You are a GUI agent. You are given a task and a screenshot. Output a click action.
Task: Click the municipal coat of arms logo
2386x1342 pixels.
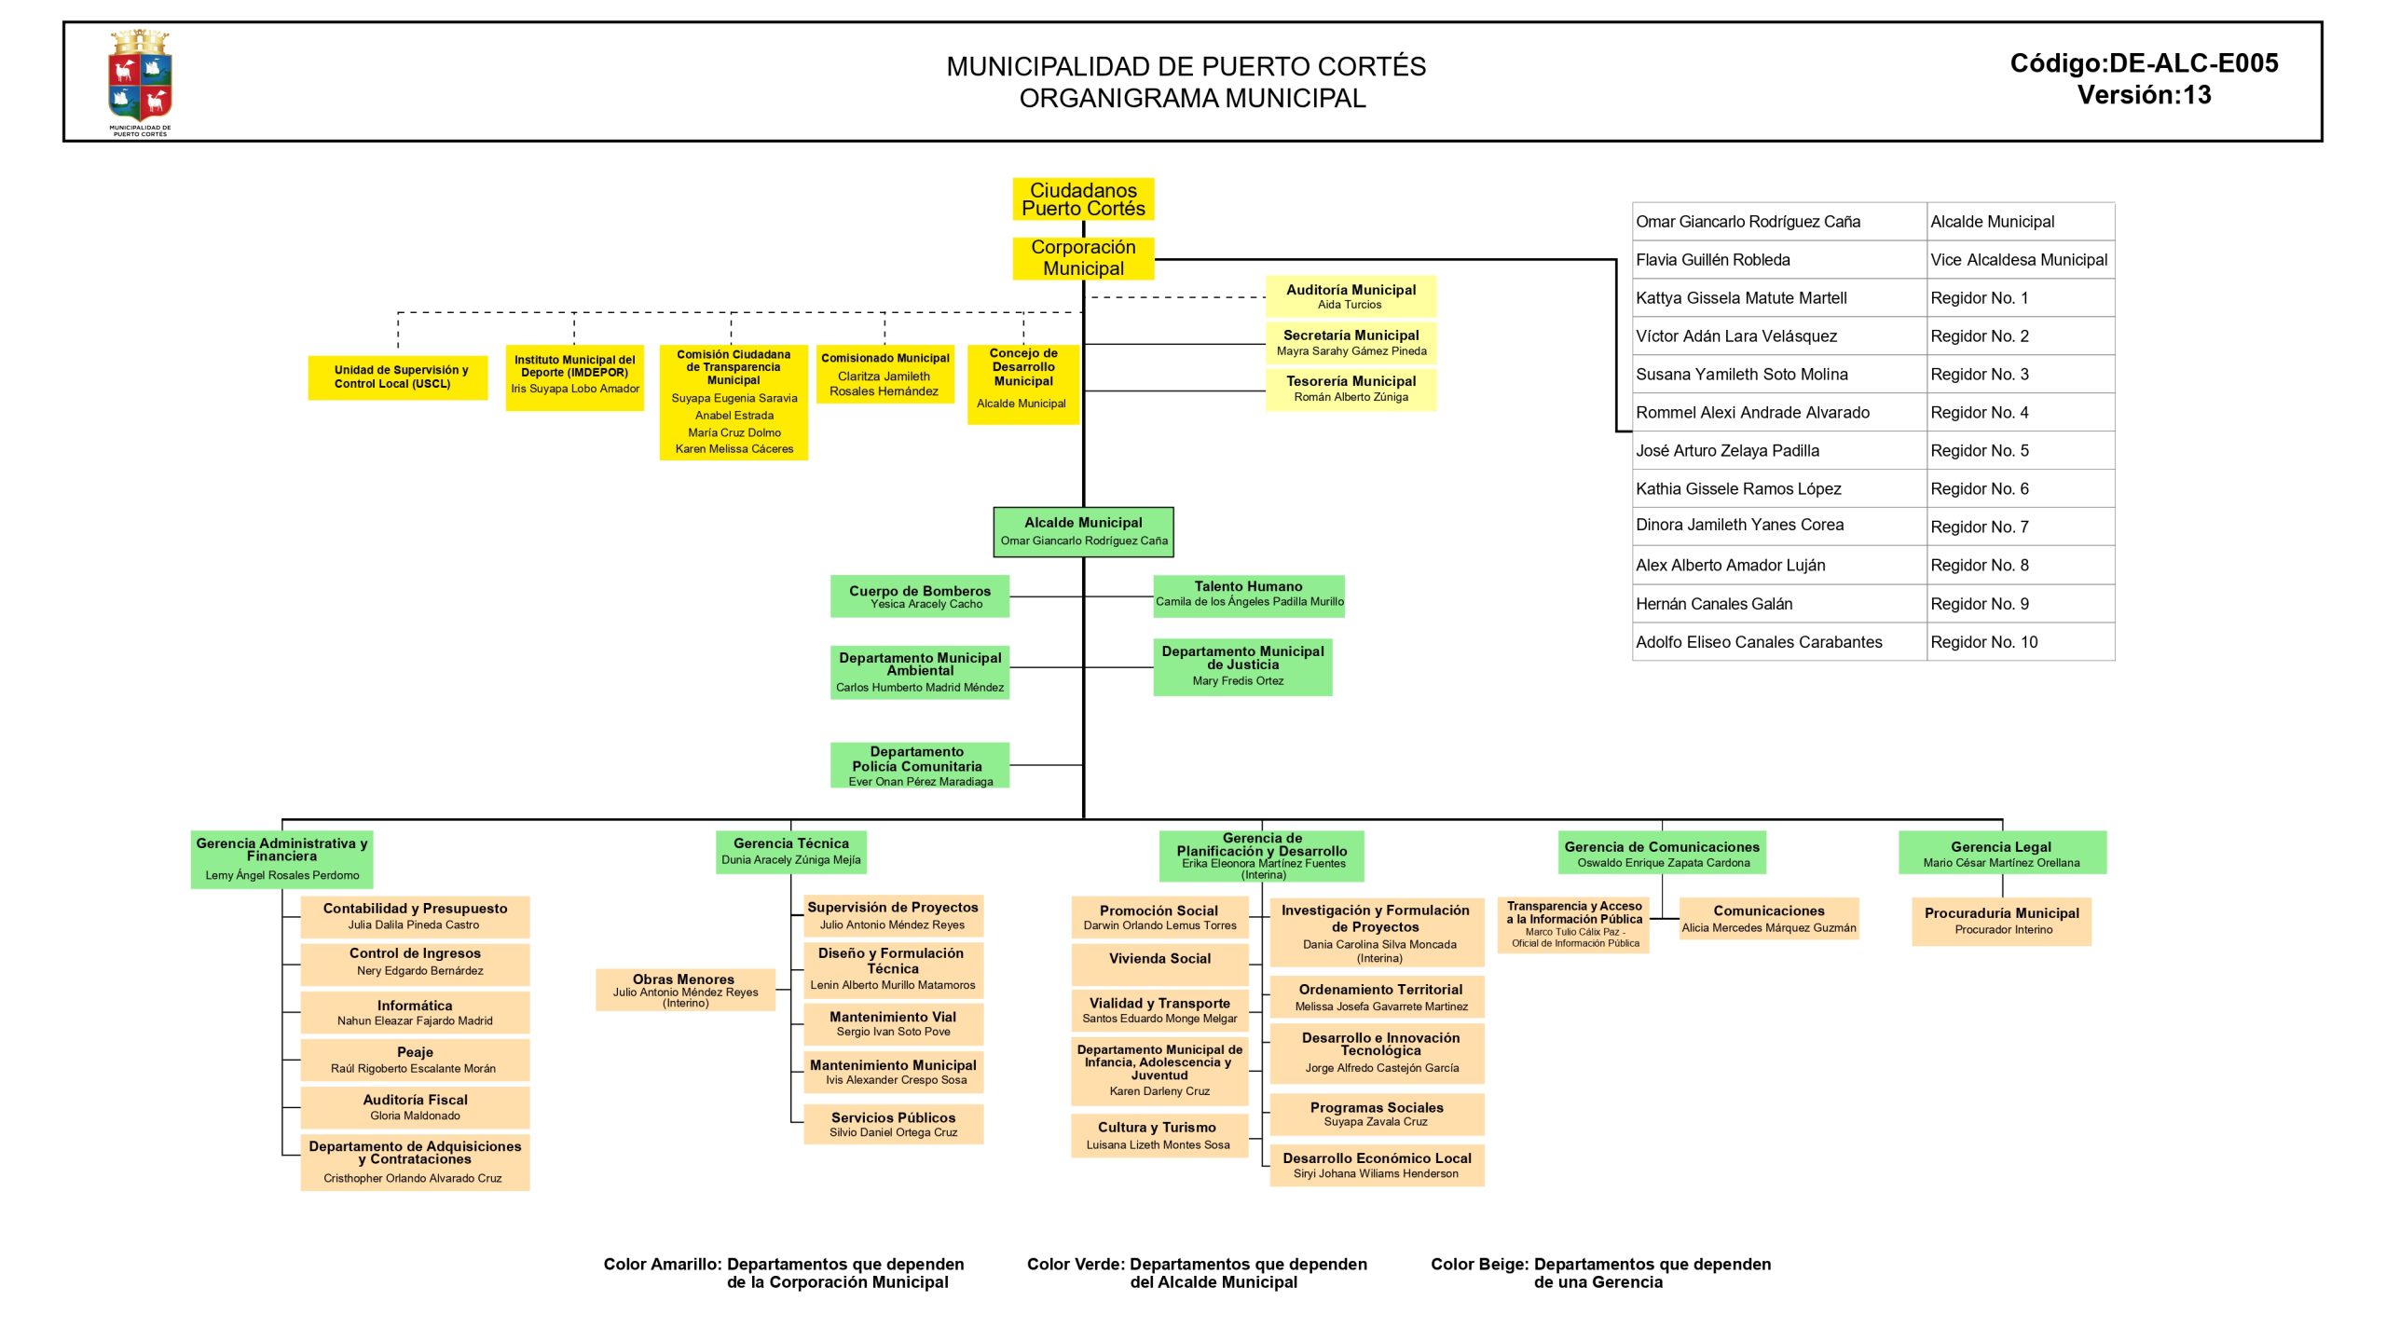[x=140, y=81]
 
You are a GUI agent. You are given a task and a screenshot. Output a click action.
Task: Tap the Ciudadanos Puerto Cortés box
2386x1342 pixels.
[x=1083, y=199]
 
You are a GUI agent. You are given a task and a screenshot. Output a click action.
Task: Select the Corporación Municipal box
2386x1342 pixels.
[x=1083, y=258]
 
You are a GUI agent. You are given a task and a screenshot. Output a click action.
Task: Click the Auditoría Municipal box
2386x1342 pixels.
[x=1351, y=296]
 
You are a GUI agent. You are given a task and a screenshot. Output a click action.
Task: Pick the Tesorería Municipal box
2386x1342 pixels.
[x=1351, y=389]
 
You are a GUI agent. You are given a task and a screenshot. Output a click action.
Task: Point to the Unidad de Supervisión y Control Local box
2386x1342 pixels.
[x=398, y=377]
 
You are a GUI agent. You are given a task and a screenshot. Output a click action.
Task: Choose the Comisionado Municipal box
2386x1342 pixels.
[x=884, y=374]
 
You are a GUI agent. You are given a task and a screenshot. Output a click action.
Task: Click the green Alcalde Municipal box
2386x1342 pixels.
[x=1083, y=531]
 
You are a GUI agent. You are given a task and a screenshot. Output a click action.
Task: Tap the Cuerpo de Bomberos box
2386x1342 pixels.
[x=920, y=596]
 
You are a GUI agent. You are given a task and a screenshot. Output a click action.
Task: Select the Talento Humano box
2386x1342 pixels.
[x=1249, y=595]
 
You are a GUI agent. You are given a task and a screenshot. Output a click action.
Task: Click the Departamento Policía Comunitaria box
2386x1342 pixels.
[x=920, y=765]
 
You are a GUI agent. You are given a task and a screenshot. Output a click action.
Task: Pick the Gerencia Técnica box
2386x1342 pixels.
[x=791, y=852]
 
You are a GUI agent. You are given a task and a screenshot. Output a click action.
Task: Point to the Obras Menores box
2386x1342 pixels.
[x=685, y=990]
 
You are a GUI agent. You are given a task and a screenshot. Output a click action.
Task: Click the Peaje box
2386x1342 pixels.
[x=415, y=1060]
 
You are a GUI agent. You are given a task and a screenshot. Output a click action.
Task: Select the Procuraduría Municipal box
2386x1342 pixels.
[x=2001, y=921]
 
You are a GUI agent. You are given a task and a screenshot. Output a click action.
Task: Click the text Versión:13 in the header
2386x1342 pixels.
[x=2144, y=95]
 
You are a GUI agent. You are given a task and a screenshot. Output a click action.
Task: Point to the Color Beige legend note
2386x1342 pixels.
[x=1600, y=1272]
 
